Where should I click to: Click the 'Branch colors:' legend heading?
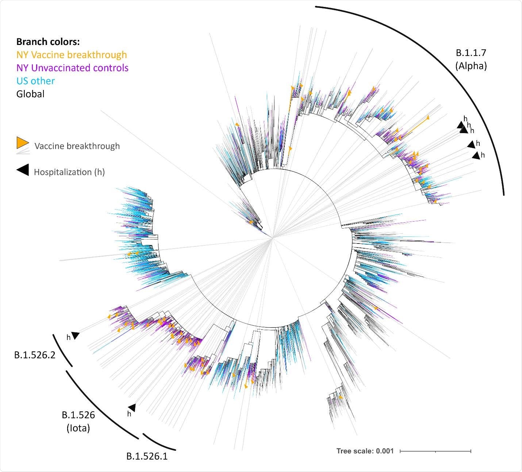pos(48,42)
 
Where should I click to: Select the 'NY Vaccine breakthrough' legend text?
pos(72,55)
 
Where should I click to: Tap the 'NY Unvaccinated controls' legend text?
pos(72,68)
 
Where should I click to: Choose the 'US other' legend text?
pos(35,81)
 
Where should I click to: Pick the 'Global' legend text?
pos(30,94)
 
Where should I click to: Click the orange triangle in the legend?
pos(22,143)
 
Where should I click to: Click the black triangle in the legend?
pos(23,170)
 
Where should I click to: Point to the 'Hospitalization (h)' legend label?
pos(69,172)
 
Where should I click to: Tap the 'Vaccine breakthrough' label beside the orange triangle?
pos(77,146)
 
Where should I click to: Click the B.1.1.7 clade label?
pos(471,53)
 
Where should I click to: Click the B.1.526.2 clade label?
pos(35,355)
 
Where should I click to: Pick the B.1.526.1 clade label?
pos(147,456)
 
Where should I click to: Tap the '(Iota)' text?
pos(78,428)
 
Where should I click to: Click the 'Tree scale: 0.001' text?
pos(365,451)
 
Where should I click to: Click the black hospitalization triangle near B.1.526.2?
pos(76,335)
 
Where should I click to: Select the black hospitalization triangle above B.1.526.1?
pos(132,407)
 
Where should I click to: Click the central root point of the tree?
pos(272,238)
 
